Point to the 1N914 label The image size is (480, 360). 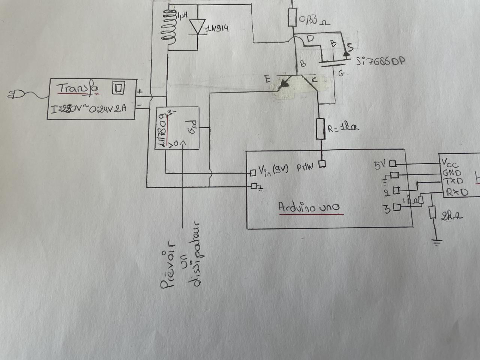point(217,29)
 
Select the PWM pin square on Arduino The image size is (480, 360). point(322,164)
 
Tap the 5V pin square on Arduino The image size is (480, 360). point(393,163)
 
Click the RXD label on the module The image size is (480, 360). point(457,192)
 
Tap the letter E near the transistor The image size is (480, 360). point(267,79)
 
